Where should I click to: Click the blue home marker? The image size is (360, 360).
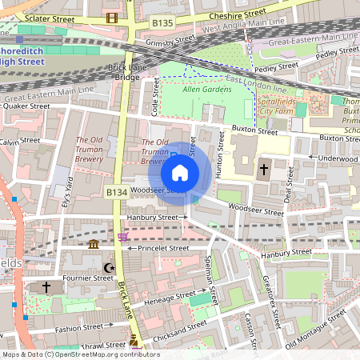(x=180, y=172)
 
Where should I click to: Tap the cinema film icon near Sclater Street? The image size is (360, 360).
(x=110, y=17)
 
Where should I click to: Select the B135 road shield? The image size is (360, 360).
(x=163, y=25)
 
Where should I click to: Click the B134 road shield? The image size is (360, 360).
(x=117, y=192)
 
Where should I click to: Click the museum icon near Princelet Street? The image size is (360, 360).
(x=94, y=244)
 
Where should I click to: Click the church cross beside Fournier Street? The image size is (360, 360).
(x=46, y=286)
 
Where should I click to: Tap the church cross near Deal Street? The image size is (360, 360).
(x=264, y=170)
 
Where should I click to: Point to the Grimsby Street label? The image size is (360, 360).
(x=173, y=38)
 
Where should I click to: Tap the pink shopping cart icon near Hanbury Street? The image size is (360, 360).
(x=122, y=237)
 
